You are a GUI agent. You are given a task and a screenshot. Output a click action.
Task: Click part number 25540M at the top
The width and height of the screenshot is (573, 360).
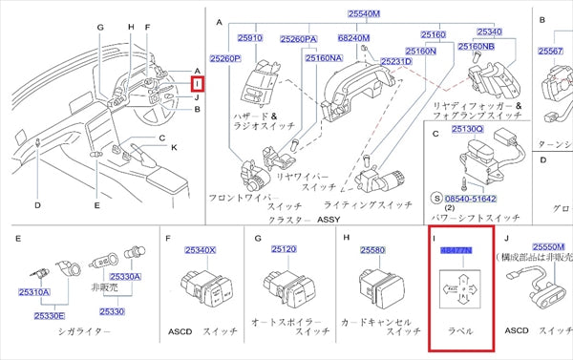[363, 14]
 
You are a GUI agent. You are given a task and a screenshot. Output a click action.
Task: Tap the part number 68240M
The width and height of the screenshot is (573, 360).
[353, 38]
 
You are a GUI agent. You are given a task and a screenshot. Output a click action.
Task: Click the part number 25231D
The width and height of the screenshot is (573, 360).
[395, 60]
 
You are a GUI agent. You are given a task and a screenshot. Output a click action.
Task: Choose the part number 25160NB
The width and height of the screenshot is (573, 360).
[476, 46]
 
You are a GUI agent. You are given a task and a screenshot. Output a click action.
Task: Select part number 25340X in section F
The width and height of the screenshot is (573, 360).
[200, 250]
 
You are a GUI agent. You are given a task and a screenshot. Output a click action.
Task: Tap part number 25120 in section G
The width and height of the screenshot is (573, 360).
[284, 250]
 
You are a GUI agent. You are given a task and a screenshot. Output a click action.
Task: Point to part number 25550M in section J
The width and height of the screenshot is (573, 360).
[551, 244]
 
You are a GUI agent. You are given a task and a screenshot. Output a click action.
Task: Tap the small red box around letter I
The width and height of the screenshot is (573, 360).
[211, 85]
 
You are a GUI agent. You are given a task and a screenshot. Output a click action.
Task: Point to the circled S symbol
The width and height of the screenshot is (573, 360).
[437, 199]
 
